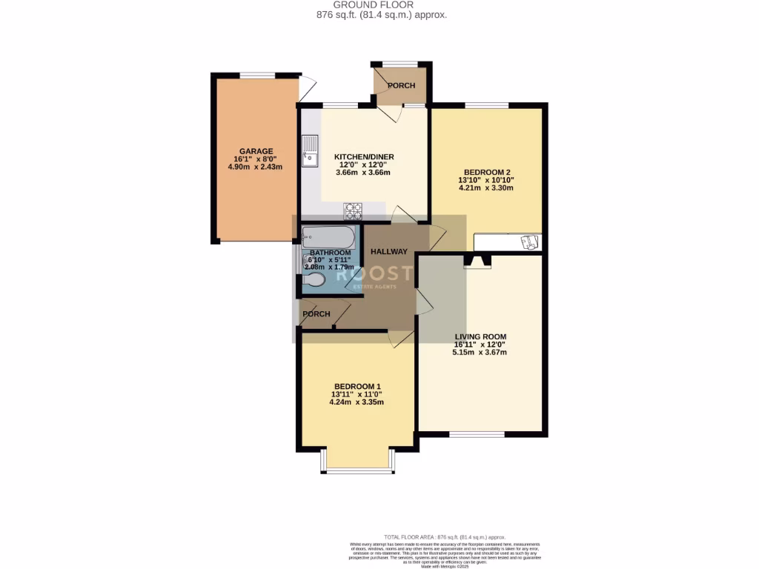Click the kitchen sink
(309, 153)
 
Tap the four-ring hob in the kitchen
(353, 212)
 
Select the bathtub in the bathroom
(330, 237)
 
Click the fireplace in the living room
(477, 260)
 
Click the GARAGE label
(256, 151)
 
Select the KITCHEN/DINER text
(363, 157)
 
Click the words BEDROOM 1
(357, 387)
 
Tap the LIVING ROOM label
(480, 336)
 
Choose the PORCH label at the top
(401, 85)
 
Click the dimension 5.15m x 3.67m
(480, 353)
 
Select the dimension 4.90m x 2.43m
(256, 167)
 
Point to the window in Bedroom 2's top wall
(486, 105)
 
